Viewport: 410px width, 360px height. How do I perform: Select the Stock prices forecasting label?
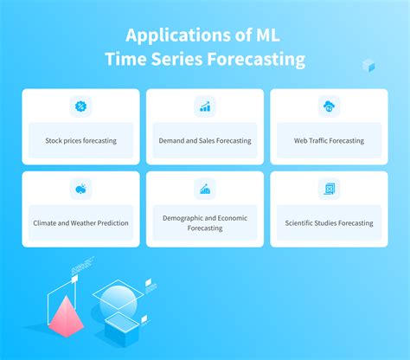(80, 140)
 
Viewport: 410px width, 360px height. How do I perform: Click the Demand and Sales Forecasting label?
(205, 140)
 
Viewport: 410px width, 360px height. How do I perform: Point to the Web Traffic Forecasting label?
(329, 140)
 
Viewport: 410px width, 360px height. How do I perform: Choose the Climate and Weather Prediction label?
(80, 222)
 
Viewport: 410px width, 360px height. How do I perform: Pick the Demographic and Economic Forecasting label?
(205, 222)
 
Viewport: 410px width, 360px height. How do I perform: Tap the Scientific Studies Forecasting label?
(329, 222)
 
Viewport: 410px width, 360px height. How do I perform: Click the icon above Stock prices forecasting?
(80, 107)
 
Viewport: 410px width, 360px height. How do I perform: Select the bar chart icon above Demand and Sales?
(205, 107)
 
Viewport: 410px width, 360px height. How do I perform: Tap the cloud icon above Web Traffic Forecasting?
(329, 107)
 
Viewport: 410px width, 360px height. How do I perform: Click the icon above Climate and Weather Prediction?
(80, 189)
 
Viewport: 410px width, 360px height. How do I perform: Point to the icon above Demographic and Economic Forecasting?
(205, 189)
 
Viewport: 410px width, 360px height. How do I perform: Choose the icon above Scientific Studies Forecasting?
(329, 189)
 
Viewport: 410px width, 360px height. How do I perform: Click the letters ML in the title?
(269, 35)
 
